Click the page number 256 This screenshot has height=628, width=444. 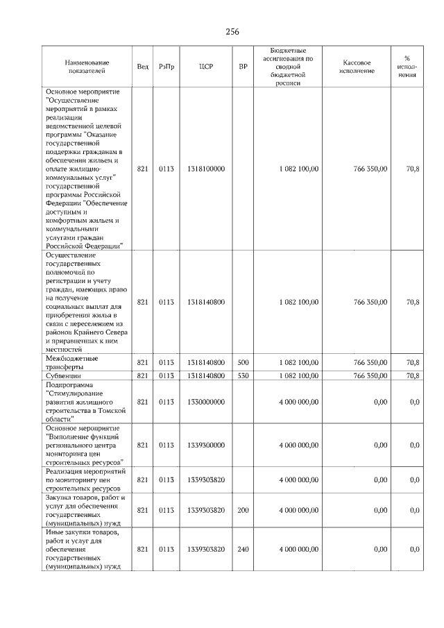tap(232, 32)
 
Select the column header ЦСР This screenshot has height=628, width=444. tap(205, 67)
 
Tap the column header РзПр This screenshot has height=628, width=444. tap(166, 67)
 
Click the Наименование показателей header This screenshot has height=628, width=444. tap(87, 67)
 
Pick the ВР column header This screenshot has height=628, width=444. tap(243, 67)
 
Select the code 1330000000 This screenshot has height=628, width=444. tap(205, 402)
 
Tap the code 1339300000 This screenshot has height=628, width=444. tap(205, 445)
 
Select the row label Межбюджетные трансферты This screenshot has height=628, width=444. tap(71, 363)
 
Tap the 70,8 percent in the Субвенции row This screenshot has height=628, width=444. tap(413, 375)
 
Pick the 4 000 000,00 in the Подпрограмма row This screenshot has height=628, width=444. tap(299, 402)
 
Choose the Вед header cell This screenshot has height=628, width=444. tap(142, 67)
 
